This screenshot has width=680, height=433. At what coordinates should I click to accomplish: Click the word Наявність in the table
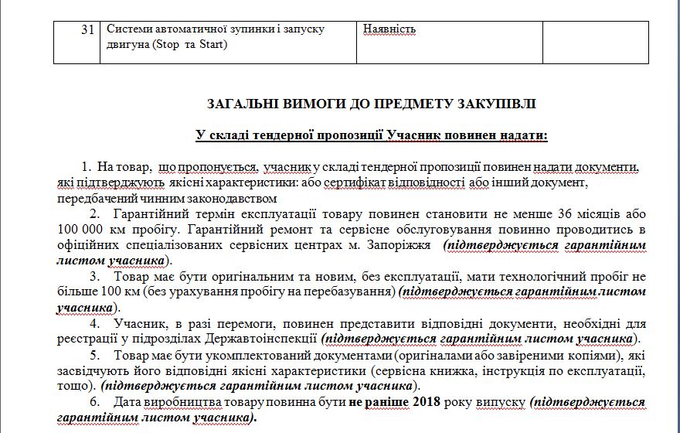[389, 29]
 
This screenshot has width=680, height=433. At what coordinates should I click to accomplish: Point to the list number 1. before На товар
[85, 166]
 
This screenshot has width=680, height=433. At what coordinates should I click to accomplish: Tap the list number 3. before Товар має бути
[94, 276]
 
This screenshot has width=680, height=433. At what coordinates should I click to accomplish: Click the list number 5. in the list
[94, 355]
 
